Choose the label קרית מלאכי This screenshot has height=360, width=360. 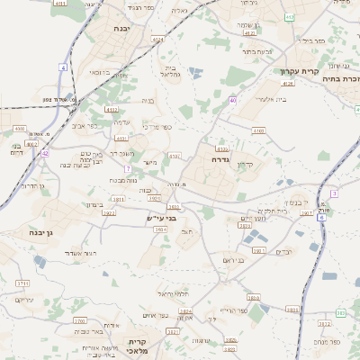coord(138,346)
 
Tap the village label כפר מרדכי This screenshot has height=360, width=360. coord(156,127)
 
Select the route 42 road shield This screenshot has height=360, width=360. coord(44,153)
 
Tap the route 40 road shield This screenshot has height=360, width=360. coord(232,100)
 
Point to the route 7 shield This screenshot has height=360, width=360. coord(129,168)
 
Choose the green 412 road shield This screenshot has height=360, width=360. coord(288,17)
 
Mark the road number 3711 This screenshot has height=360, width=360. coord(22,283)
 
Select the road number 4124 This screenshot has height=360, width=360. coord(158,40)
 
